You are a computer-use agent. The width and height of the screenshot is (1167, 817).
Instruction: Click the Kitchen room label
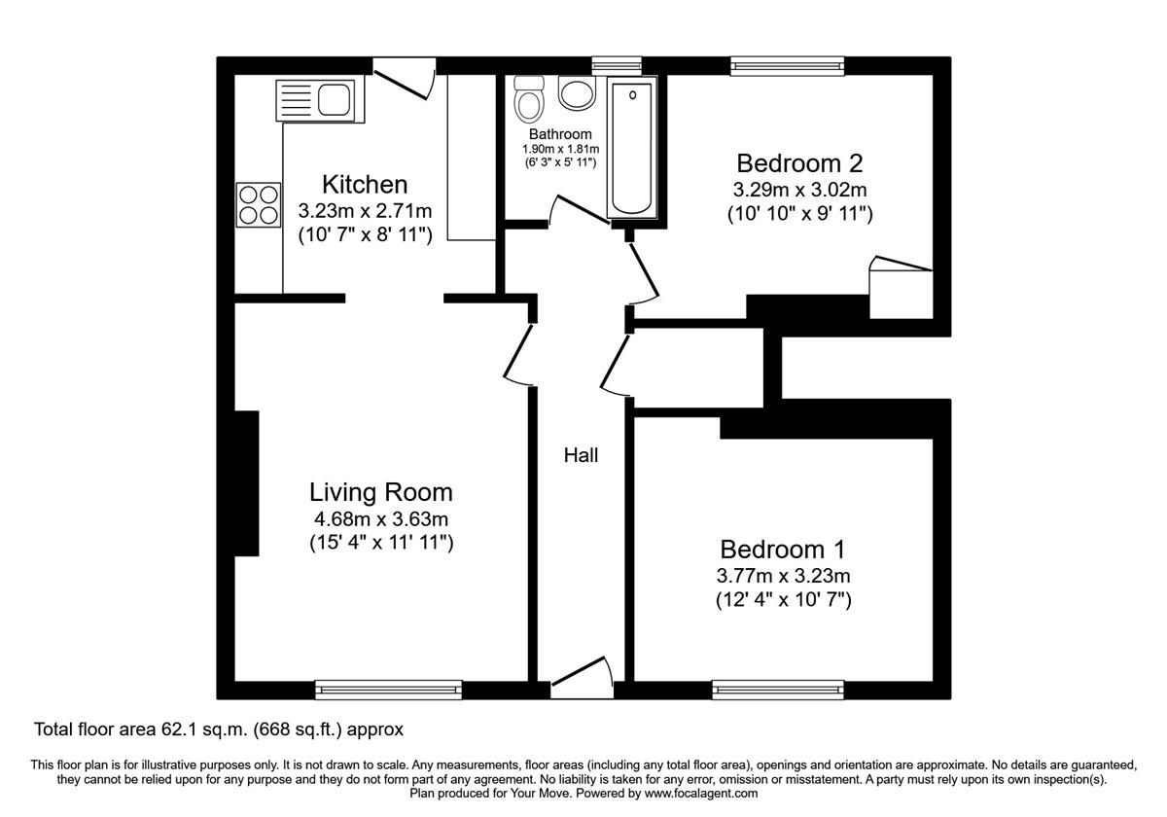pyautogui.click(x=365, y=184)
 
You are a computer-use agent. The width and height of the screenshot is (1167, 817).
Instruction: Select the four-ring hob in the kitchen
pyautogui.click(x=259, y=203)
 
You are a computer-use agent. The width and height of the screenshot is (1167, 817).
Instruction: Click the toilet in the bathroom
pyautogui.click(x=529, y=99)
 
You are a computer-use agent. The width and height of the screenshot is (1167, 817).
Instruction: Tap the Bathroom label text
pyautogui.click(x=560, y=134)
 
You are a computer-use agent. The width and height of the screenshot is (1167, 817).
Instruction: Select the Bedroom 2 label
pyautogui.click(x=799, y=162)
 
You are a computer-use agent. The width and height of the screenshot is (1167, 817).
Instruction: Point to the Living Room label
pyautogui.click(x=381, y=492)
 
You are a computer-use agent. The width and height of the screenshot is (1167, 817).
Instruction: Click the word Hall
pyautogui.click(x=582, y=455)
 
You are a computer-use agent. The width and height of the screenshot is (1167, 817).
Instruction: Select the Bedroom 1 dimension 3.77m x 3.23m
pyautogui.click(x=783, y=575)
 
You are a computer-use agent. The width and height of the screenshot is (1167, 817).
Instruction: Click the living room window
pyautogui.click(x=388, y=690)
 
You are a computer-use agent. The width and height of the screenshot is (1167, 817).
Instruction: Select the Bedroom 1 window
pyautogui.click(x=778, y=690)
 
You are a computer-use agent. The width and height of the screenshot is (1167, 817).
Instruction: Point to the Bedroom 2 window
pyautogui.click(x=789, y=65)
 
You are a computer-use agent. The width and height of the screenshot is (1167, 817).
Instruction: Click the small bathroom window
pyautogui.click(x=610, y=65)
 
